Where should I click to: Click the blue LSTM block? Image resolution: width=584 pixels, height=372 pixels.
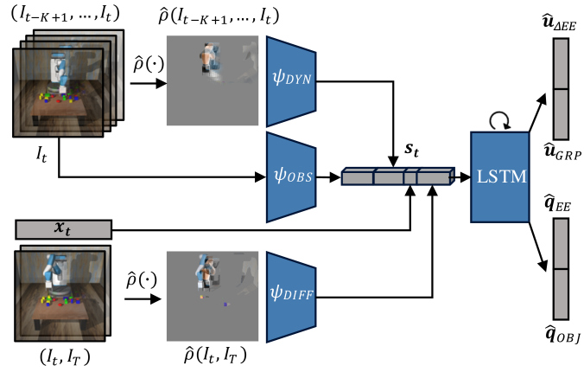pos(500,176)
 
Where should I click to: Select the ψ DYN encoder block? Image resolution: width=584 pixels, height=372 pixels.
pos(291,81)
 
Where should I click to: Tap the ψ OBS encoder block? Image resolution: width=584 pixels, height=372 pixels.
pos(291,177)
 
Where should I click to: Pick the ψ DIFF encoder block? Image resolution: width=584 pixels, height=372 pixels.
pos(291,297)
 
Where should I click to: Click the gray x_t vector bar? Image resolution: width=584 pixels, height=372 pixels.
pos(63,229)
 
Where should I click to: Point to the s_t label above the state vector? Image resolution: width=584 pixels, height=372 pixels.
pos(411,150)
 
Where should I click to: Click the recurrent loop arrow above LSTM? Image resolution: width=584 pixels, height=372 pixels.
pos(499,120)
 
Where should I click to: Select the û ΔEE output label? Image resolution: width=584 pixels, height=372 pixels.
pos(560,23)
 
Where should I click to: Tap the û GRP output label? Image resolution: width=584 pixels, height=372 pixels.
pos(562,151)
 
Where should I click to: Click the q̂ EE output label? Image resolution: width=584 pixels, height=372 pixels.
pos(557,203)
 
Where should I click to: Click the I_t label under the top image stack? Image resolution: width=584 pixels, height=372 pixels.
pos(41,154)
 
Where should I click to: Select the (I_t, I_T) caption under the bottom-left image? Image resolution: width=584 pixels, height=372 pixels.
pos(65,357)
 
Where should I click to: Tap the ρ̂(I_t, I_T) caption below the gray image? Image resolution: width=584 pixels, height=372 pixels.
pos(215,355)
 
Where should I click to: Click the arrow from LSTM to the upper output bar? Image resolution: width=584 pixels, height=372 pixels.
pos(537,112)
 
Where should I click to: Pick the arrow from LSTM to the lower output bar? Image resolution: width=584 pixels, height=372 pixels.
pos(538,247)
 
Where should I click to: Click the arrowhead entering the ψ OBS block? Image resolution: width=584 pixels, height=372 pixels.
pos(260,176)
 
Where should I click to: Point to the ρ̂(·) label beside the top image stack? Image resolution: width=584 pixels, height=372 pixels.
pos(149,64)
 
